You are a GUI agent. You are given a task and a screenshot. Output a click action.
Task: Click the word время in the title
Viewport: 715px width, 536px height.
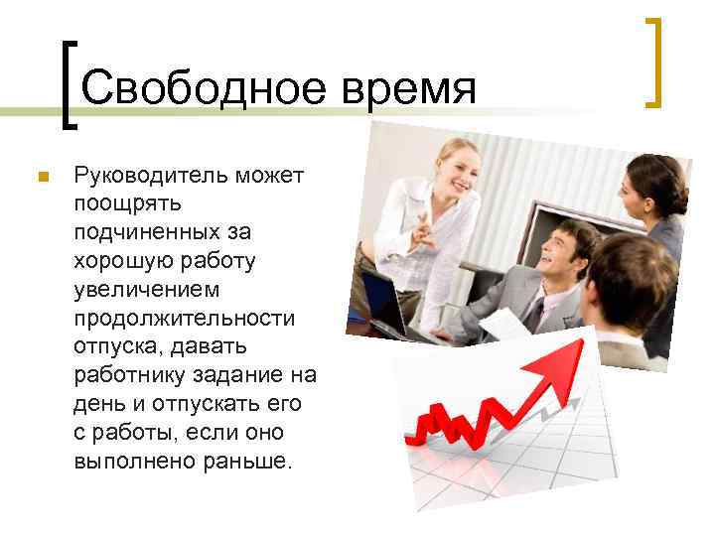click(408, 88)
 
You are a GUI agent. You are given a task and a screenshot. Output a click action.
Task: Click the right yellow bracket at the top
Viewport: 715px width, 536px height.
click(652, 62)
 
